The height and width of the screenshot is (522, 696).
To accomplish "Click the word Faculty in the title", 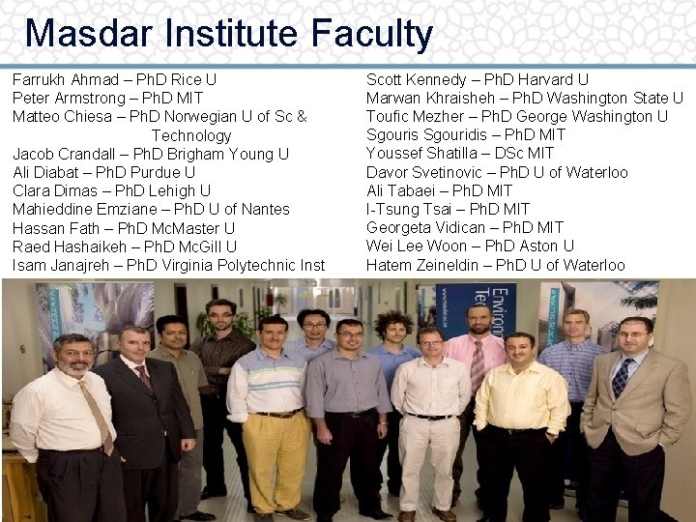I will (372, 33).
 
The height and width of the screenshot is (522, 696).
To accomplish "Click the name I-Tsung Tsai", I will (407, 209).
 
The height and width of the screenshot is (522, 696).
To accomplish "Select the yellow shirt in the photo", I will (521, 396).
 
